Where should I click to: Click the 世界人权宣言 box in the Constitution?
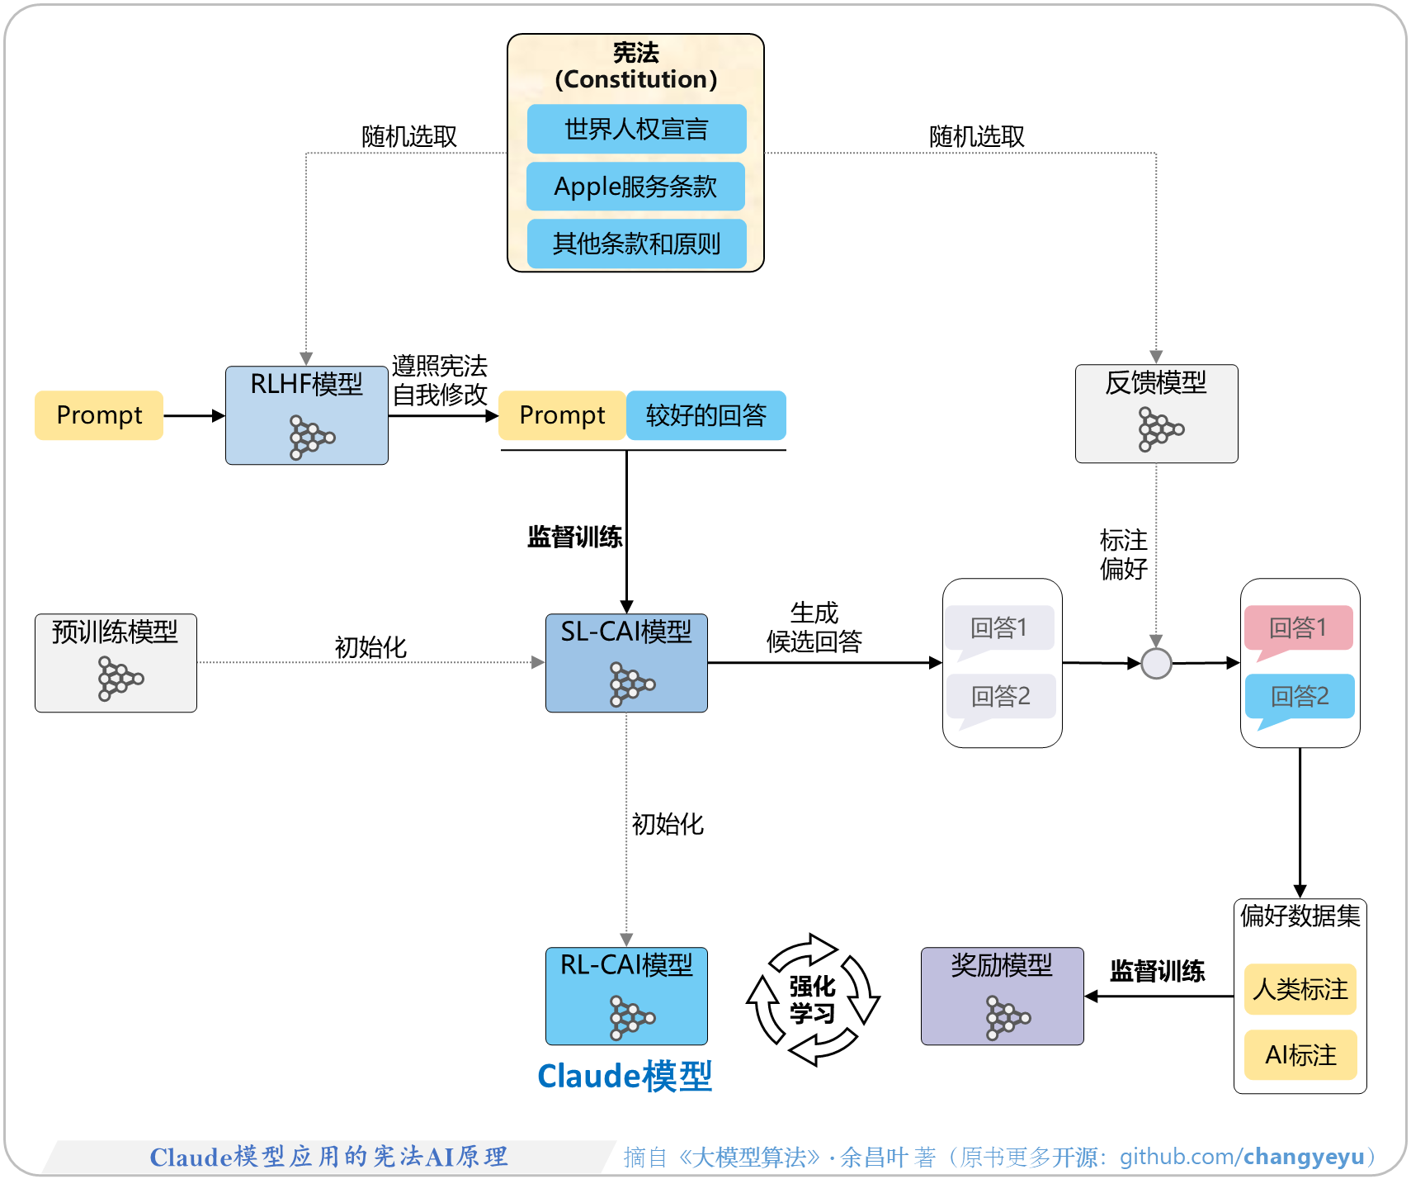tap(636, 129)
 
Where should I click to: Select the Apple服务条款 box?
tap(636, 187)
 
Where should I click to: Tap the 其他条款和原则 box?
tap(636, 244)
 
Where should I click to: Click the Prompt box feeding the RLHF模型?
tap(99, 415)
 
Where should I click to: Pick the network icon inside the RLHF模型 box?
tap(311, 437)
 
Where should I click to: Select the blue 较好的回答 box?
tap(705, 415)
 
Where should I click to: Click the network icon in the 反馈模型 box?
tap(1160, 429)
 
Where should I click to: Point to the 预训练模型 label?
tap(115, 632)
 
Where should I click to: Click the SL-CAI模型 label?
tap(626, 632)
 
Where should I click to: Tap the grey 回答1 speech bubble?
tap(999, 628)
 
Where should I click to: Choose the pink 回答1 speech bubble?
tap(1298, 628)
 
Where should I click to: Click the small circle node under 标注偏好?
tap(1156, 663)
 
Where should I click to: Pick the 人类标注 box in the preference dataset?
tap(1300, 989)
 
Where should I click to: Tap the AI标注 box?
tap(1300, 1055)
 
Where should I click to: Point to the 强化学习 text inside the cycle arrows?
tap(813, 1000)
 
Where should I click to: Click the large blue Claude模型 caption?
tap(625, 1077)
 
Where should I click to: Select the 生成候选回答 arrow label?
tap(814, 627)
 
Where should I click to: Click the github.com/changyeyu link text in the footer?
tap(1241, 1157)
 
